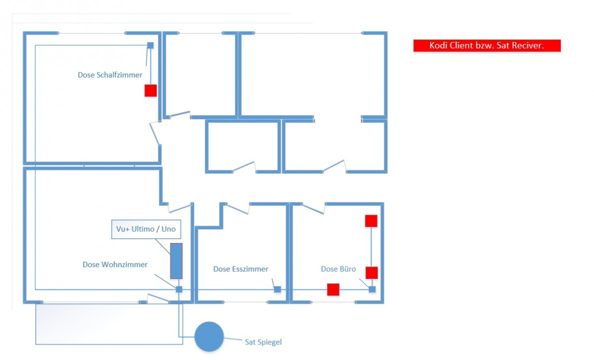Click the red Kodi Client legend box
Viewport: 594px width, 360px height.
tap(487, 45)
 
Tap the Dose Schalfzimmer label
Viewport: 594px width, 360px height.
tap(110, 75)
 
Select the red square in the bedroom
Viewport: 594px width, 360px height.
tap(151, 90)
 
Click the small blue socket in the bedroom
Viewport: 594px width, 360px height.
tap(150, 45)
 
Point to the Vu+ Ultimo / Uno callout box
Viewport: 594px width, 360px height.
tap(146, 229)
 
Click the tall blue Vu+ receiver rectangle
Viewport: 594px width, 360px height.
tap(176, 261)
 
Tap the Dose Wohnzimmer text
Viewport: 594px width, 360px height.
tap(115, 264)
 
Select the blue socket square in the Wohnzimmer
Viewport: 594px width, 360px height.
tap(179, 289)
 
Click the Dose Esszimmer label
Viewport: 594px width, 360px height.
tap(241, 269)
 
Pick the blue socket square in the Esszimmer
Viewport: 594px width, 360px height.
tap(278, 289)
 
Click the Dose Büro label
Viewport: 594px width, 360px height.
tap(338, 269)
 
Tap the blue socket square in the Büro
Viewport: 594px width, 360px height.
tap(372, 289)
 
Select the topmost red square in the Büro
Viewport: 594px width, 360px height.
tap(371, 221)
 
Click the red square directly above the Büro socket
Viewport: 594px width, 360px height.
tap(372, 273)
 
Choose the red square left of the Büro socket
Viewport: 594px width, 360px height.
tap(333, 289)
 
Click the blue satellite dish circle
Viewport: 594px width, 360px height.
tap(209, 337)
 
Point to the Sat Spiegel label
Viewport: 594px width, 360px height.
tap(263, 342)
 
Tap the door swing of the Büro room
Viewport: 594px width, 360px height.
tap(314, 208)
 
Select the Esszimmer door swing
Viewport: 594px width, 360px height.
tap(238, 208)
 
